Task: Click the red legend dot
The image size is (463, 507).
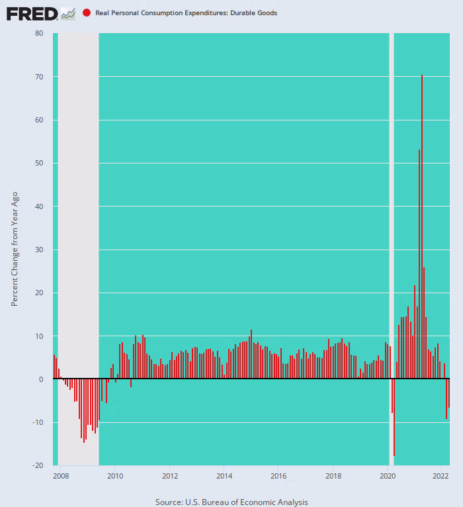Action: (x=87, y=13)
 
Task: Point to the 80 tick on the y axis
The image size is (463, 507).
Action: (x=39, y=34)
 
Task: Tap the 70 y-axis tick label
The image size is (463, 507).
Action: (x=39, y=77)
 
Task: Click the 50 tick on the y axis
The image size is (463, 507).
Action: (x=39, y=163)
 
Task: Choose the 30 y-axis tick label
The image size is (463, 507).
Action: (x=39, y=250)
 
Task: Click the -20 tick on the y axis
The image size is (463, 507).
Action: (x=38, y=466)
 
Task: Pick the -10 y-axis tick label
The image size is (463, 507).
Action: (x=38, y=423)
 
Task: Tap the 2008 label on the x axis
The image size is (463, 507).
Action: (x=60, y=476)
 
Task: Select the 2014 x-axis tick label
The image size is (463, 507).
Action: (x=224, y=476)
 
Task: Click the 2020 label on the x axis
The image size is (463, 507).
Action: (x=388, y=476)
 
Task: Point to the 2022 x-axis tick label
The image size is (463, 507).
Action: (x=441, y=476)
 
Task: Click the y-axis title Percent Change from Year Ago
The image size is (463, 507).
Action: (x=15, y=249)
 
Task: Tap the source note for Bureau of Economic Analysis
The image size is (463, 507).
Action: (x=232, y=502)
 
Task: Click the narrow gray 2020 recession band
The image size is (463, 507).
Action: (x=391, y=199)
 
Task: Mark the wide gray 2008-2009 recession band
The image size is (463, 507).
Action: (x=78, y=199)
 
